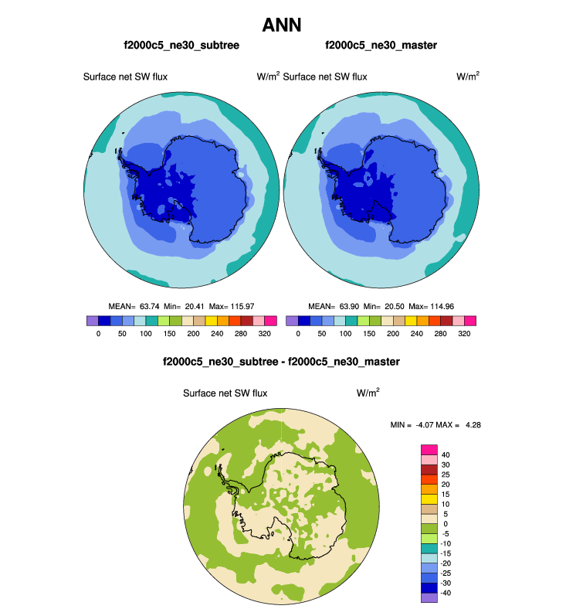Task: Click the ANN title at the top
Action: pyautogui.click(x=282, y=26)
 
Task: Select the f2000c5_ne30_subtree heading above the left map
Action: pyautogui.click(x=181, y=46)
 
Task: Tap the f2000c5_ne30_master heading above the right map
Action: pyautogui.click(x=381, y=46)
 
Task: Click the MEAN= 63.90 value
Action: pyautogui.click(x=333, y=306)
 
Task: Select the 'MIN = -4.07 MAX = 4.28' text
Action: pyautogui.click(x=437, y=425)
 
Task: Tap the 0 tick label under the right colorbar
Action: pyautogui.click(x=298, y=335)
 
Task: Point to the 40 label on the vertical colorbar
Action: pyautogui.click(x=446, y=454)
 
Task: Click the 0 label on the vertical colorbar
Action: pyautogui.click(x=444, y=524)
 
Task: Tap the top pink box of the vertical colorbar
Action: pyautogui.click(x=429, y=449)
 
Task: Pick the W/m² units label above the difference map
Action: pyautogui.click(x=368, y=393)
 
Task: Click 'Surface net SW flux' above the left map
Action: pyautogui.click(x=125, y=77)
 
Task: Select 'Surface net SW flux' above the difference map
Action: pyautogui.click(x=225, y=393)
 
